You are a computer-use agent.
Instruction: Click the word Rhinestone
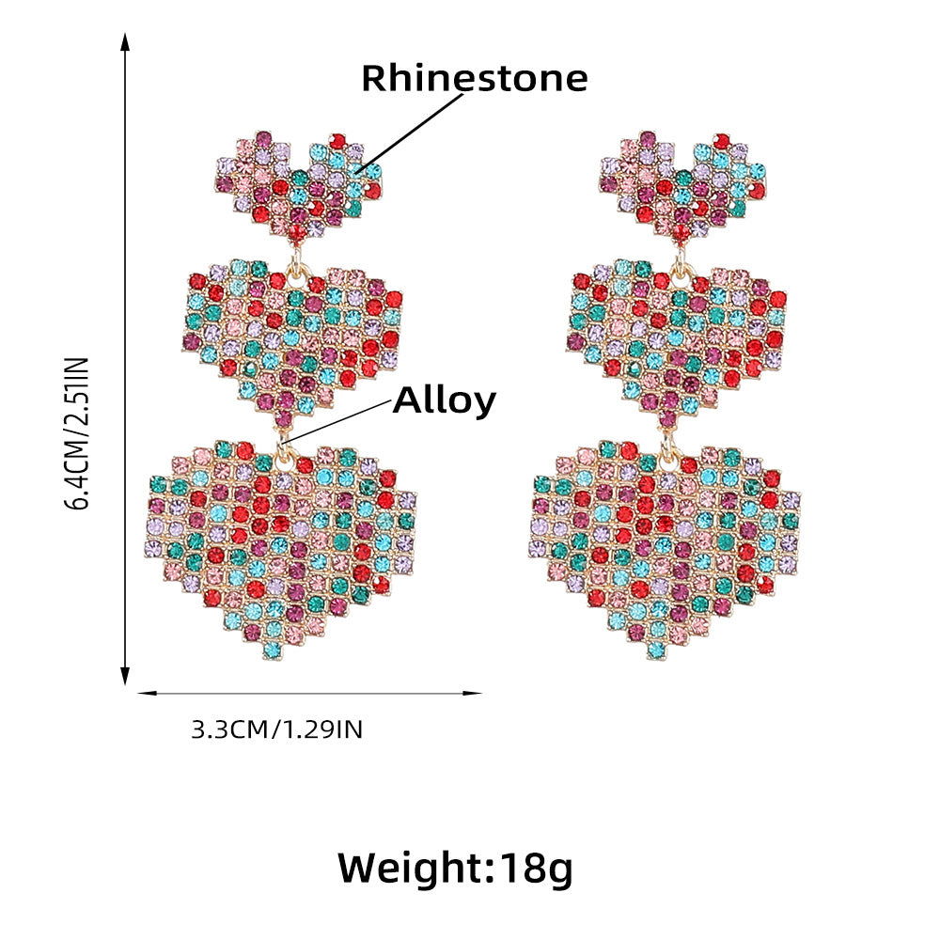click(474, 78)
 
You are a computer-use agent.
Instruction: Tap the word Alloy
click(444, 400)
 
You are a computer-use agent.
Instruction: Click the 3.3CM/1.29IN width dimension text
click(276, 729)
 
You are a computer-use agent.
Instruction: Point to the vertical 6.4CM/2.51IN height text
click(76, 433)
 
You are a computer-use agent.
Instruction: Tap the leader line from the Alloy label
click(338, 420)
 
